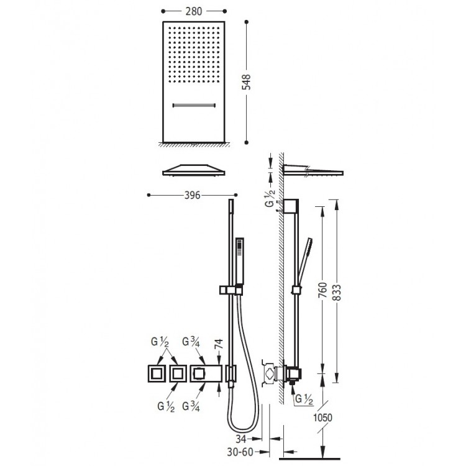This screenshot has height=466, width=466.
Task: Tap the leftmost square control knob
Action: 155,374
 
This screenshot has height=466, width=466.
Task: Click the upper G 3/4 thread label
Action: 191,342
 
